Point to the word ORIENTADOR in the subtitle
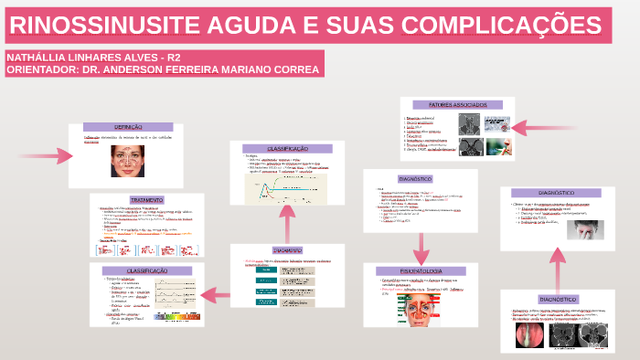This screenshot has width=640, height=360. pyautogui.click(x=41, y=69)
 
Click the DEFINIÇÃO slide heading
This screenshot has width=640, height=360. pyautogui.click(x=128, y=126)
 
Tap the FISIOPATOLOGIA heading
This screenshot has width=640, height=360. pyautogui.click(x=421, y=270)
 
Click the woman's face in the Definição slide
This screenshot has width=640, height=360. pyautogui.click(x=127, y=160)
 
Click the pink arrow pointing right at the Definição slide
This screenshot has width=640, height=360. pyautogui.click(x=46, y=156)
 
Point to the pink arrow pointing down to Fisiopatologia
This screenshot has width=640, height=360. pyautogui.click(x=421, y=245)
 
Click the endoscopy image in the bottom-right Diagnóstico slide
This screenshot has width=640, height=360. pyautogui.click(x=532, y=337)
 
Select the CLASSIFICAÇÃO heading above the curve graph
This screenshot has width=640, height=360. pyautogui.click(x=287, y=148)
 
